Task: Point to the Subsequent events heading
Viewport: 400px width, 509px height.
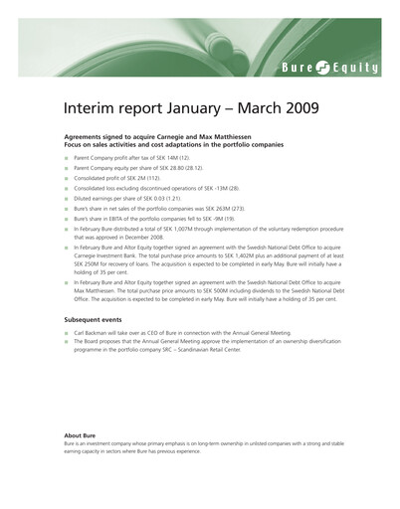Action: [99, 318]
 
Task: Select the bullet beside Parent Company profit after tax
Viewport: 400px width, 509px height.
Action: [67, 159]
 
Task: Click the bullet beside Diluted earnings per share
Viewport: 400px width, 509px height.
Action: [67, 199]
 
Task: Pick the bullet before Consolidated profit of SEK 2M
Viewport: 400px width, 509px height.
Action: [67, 179]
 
